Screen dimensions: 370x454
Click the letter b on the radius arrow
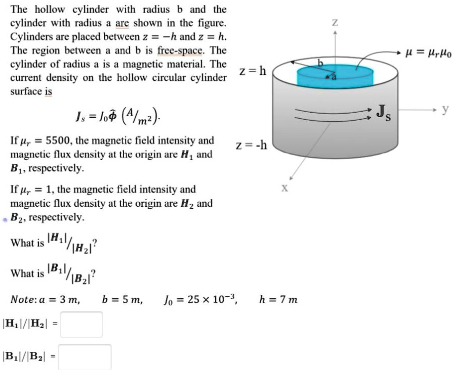coord(319,62)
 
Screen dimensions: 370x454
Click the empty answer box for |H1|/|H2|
coord(81,325)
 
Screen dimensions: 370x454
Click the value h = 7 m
coord(278,300)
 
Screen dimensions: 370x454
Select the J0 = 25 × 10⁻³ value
coord(198,300)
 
